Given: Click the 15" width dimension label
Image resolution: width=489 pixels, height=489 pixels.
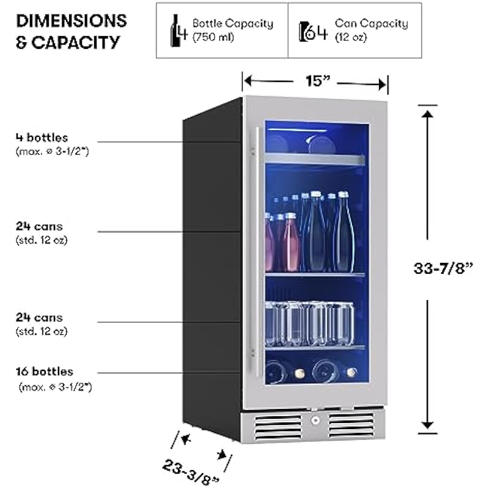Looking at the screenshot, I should coord(315,81).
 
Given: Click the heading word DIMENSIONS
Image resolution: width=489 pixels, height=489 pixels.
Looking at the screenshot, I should coord(72,21).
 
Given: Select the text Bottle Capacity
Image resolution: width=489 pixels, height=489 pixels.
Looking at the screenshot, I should coord(232,24).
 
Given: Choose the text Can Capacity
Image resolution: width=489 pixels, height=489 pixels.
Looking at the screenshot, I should coord(371,24).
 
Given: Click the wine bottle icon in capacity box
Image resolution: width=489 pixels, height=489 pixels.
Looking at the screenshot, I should coord(178,30).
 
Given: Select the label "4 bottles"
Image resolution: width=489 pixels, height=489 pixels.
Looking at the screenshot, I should coord(42,138).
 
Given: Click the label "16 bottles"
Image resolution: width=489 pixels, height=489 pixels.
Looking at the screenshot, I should coord(45,372).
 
